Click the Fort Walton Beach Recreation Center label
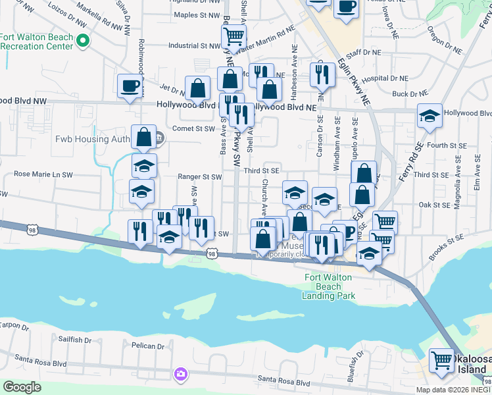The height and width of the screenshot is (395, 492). [x=36, y=42]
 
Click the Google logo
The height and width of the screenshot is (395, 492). [x=22, y=387]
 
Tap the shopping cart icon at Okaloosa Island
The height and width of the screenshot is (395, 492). [x=441, y=360]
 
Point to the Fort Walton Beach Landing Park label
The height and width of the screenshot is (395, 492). [x=329, y=286]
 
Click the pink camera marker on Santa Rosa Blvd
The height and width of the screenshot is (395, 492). [x=180, y=374]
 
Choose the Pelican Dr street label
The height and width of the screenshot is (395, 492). [x=147, y=346]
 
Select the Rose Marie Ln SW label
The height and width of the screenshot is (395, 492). [x=41, y=174]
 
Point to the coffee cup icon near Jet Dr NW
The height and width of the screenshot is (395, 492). [x=129, y=86]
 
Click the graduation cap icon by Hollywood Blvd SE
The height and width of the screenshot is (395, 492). [x=430, y=116]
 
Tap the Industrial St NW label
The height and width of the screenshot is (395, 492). [x=194, y=46]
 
